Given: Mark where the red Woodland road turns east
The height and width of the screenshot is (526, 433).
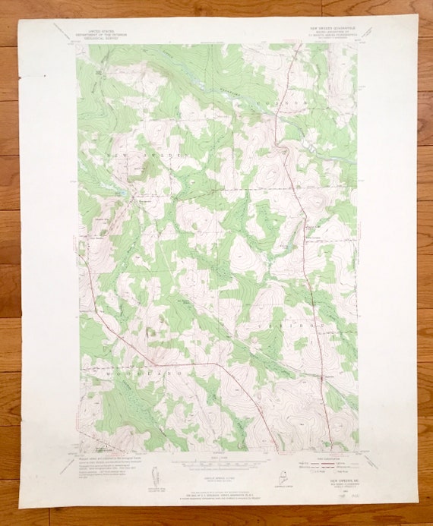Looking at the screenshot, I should point(220,364).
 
